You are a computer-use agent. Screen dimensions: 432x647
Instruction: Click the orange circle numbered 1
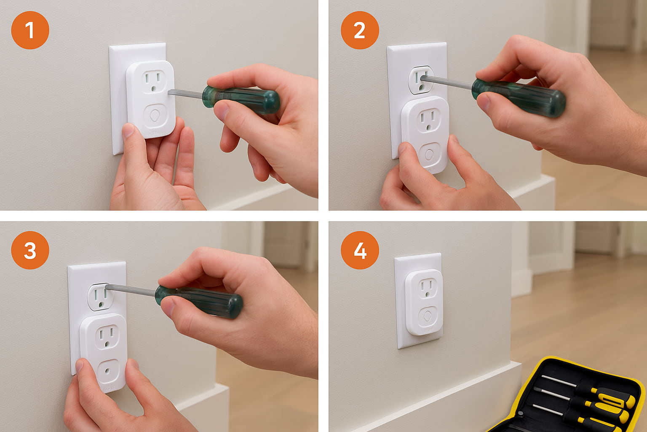[x=30, y=30]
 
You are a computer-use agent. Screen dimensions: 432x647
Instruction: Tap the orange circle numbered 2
[x=360, y=30]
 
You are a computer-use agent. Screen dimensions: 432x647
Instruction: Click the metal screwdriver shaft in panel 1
[x=185, y=93]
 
